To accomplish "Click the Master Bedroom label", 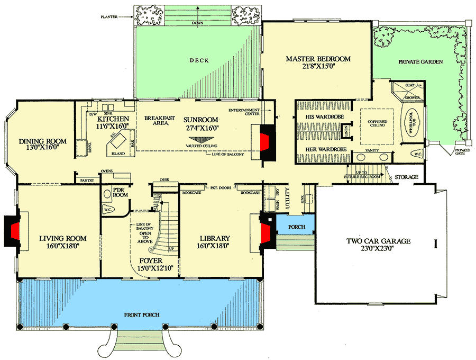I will coord(318,59).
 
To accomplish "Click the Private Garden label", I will coord(421,62).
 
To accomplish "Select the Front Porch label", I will coord(142,315).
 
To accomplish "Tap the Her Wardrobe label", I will coord(326,150).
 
